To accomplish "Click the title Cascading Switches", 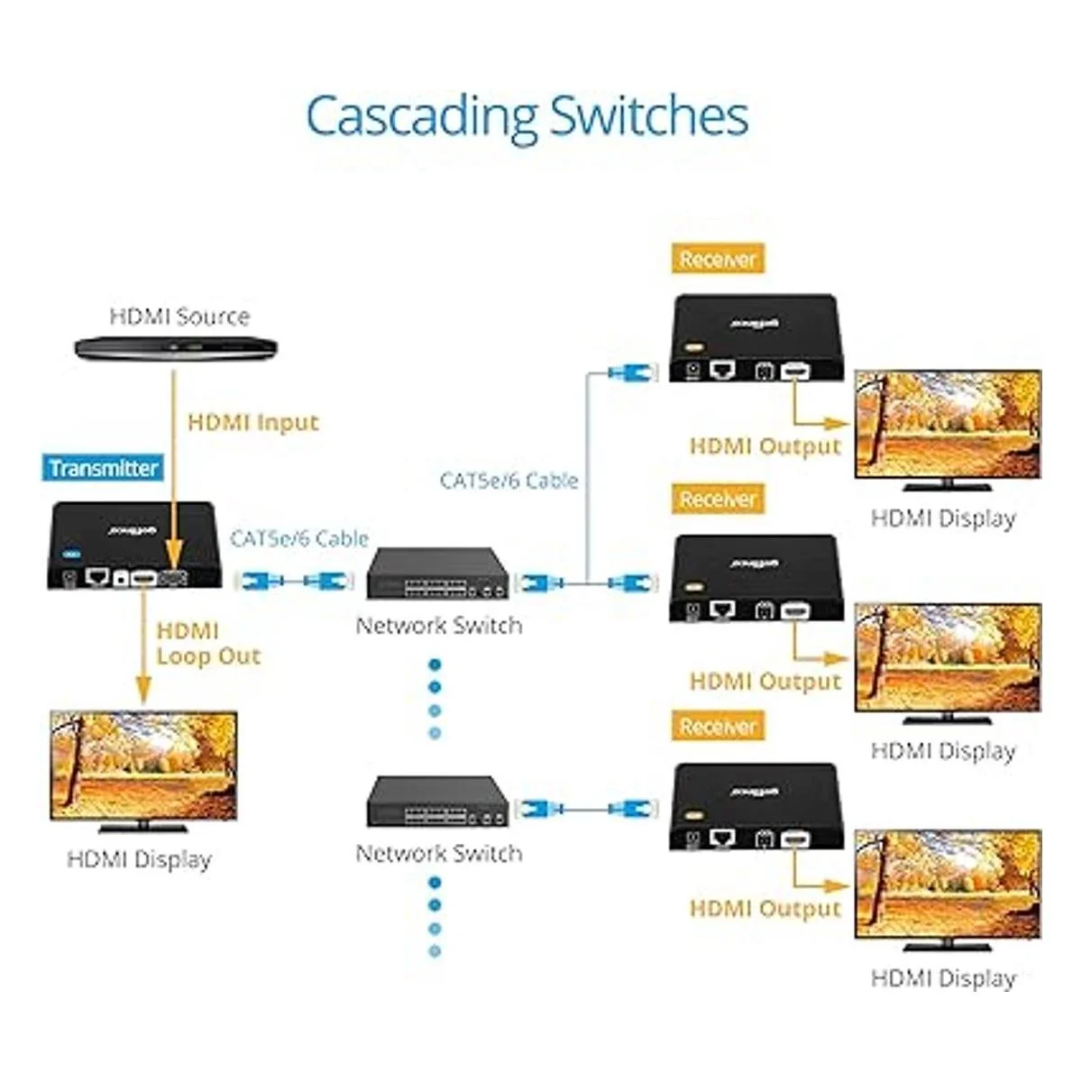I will point(527,116).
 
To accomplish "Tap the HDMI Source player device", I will point(175,347).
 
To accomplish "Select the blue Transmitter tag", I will point(104,468).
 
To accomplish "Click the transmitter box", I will point(133,546).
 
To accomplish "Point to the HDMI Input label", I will point(253,422).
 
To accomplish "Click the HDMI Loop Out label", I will point(207,643).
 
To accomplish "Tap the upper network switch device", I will point(437,573).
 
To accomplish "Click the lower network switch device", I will point(437,801).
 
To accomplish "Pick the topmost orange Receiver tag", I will point(718,260).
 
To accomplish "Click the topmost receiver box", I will point(756,337).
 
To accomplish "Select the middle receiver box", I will point(756,578).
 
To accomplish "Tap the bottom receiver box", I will point(756,806).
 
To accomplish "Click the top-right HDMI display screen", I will point(948,426).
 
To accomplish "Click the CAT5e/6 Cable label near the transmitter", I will point(299,538).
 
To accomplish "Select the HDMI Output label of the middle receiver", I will point(765,681).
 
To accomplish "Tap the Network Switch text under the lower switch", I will point(439,853).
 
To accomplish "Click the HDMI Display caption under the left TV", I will point(139,859).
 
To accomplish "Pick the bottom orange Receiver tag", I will point(718,727).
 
